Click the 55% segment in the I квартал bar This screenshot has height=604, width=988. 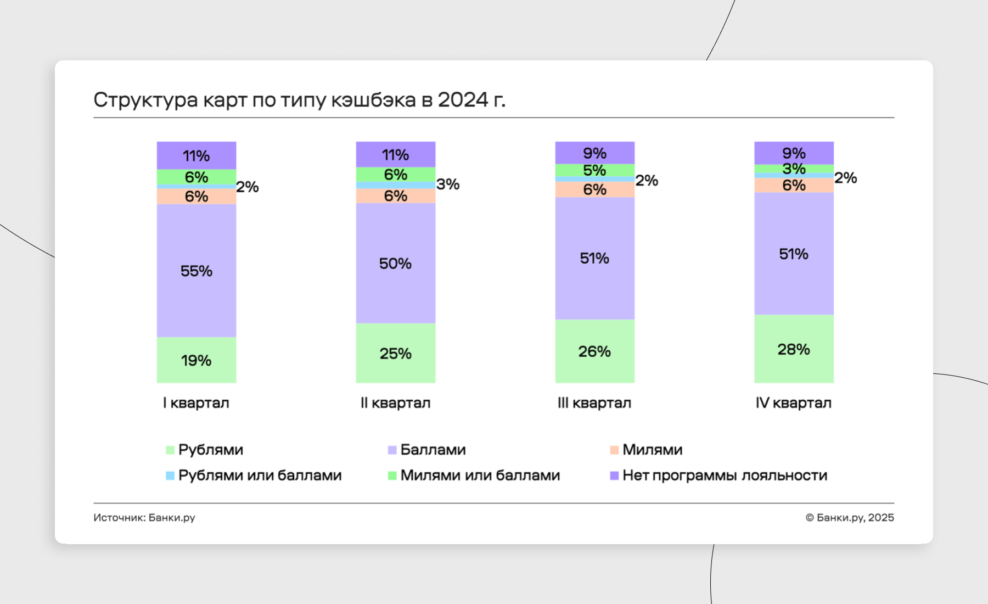coord(197,271)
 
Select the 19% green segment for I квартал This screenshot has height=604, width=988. coord(197,360)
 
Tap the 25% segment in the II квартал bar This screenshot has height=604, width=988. coord(395,353)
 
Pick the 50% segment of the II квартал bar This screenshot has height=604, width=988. coord(395,264)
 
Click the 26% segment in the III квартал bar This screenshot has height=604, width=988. coord(594,351)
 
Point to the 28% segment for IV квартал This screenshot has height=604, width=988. coord(794,349)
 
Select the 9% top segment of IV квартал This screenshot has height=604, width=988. coord(794,153)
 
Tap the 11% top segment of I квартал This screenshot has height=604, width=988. coord(197,156)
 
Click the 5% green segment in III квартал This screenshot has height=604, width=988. coord(594,170)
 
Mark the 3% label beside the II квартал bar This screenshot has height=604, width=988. coord(448,184)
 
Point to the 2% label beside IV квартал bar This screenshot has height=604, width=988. coord(845,177)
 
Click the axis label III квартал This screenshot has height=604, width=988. coord(594,403)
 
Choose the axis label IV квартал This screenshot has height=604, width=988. coord(794,403)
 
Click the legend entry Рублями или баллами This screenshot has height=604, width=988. coord(260,476)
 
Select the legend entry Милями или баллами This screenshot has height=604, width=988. coord(480,476)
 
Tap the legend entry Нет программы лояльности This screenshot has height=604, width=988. coord(725,476)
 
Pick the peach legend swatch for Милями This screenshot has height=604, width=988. coord(614,450)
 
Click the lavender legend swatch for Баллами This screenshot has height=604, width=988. coord(392,450)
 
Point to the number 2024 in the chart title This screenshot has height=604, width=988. coord(463,100)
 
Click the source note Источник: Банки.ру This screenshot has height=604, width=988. coord(144,518)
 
